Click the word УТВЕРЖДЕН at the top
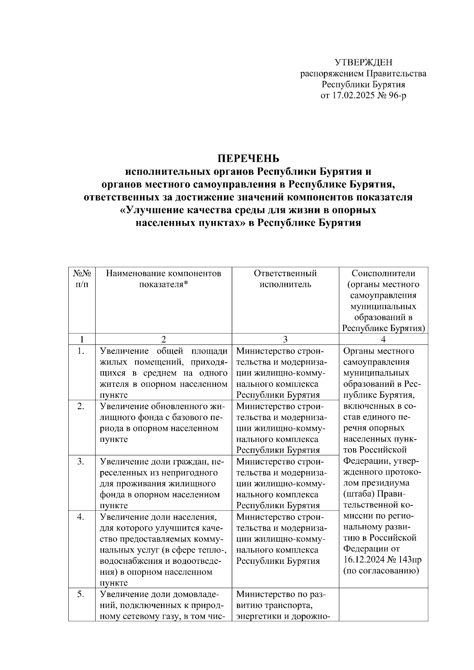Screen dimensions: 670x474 (363, 62)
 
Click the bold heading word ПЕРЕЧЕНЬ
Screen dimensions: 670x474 (248, 159)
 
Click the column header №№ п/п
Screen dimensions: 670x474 (82, 279)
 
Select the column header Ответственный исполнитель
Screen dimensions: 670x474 (285, 279)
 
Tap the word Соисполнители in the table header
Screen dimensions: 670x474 (383, 273)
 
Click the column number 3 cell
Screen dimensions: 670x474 (285, 339)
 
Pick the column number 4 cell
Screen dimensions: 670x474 (383, 339)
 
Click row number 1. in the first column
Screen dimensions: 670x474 (81, 351)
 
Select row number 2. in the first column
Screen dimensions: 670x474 (81, 406)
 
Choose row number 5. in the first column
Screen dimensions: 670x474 (81, 594)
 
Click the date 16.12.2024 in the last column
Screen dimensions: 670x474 (364, 560)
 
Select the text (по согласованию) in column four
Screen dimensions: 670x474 (381, 571)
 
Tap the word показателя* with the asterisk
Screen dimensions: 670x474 (163, 284)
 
